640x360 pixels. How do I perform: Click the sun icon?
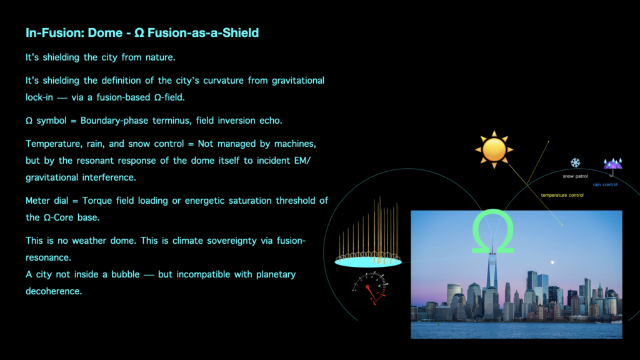pyautogui.click(x=494, y=150)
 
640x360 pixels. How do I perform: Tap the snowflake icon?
pyautogui.click(x=575, y=162)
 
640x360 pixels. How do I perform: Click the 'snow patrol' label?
pyautogui.click(x=575, y=176)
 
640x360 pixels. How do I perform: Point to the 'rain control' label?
pyautogui.click(x=605, y=184)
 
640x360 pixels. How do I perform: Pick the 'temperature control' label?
pyautogui.click(x=562, y=195)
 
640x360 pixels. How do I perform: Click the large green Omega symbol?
pyautogui.click(x=492, y=231)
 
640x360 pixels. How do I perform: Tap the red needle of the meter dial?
pyautogui.click(x=371, y=294)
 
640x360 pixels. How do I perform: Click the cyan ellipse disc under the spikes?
pyautogui.click(x=368, y=262)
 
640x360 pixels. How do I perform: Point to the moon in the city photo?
pyautogui.click(x=552, y=262)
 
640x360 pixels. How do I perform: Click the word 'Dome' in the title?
pyautogui.click(x=105, y=32)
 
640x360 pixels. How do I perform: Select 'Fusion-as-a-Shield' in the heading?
pyautogui.click(x=203, y=32)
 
